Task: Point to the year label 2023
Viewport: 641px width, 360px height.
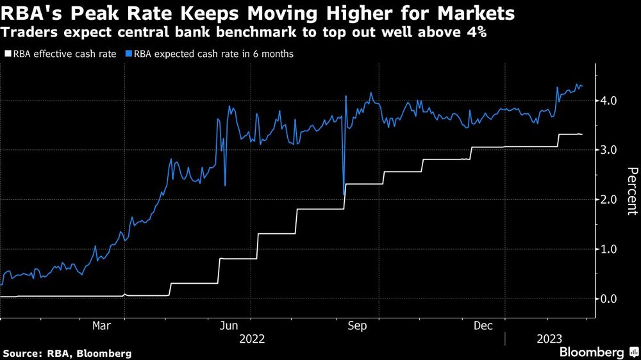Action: click(549, 339)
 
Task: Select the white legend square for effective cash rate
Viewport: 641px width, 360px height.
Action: click(8, 54)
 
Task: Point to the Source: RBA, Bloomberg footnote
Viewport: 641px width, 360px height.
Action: click(67, 353)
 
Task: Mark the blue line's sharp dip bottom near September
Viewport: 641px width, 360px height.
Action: click(344, 193)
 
